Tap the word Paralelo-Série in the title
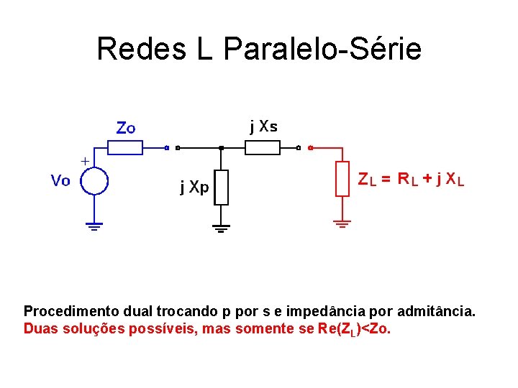322,50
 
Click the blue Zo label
126,128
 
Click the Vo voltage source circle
94,180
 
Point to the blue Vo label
60,180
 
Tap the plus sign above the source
85,161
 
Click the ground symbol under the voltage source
94,226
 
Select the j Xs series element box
263,147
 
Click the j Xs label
263,127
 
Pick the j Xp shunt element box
221,187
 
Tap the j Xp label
194,188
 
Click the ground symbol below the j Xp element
221,228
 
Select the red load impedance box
342,179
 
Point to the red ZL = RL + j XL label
411,180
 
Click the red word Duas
40,329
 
